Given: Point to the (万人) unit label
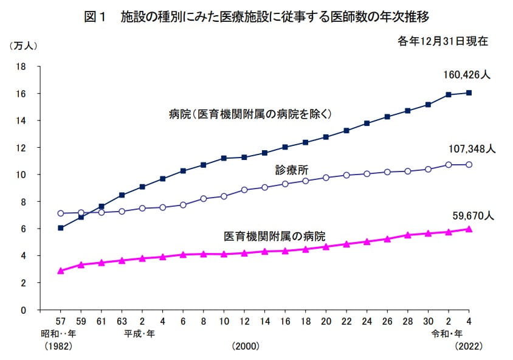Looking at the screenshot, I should [22, 46].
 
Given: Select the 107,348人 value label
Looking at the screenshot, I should [473, 148].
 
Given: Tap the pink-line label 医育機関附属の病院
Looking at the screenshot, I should [274, 235].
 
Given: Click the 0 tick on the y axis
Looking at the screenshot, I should [23, 310].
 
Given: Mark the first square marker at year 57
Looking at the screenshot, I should [61, 228].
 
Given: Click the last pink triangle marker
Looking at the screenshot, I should [469, 229].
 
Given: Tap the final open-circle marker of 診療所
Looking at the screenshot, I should [469, 164].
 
